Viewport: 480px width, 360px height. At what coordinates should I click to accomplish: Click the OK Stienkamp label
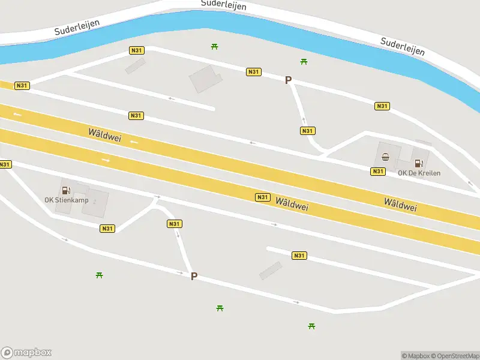coord(66,200)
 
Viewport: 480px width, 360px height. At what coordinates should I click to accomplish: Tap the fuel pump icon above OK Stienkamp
coord(65,190)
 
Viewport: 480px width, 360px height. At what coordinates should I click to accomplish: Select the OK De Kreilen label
coord(419,173)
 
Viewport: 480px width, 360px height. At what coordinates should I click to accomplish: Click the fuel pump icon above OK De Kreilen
coord(418,162)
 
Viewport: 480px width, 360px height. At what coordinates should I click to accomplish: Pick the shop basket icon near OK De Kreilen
coord(386,158)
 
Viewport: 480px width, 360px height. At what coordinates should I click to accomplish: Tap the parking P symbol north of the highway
coord(288,80)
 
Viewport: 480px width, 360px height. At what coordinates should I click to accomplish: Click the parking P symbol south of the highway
coord(194,276)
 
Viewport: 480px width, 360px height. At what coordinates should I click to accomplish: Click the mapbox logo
coord(26,353)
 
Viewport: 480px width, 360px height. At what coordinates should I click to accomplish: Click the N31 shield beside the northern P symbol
coord(253,72)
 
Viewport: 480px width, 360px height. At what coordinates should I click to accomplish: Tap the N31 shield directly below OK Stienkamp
coord(107,228)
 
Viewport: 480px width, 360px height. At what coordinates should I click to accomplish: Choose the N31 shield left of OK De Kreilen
coord(377,172)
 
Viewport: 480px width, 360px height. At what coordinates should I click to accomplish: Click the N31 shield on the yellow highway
coord(262,197)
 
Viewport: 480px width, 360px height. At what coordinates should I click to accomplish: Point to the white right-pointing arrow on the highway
coord(106,160)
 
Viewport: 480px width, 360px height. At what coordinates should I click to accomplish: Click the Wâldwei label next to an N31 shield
coord(292,204)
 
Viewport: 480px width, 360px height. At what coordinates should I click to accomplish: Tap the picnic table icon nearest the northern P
coord(304,61)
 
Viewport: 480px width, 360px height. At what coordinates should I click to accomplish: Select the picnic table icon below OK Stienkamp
coord(100,275)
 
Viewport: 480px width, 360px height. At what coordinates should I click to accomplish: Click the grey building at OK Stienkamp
coord(96,203)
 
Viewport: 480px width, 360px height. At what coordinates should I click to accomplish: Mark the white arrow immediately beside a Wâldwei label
coord(134,142)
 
